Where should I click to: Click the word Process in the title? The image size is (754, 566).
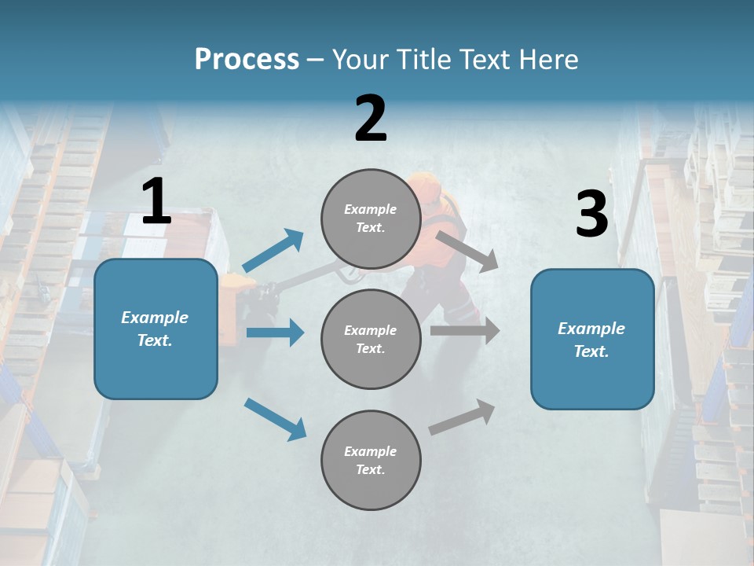(247, 60)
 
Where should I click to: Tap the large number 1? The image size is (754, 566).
(156, 202)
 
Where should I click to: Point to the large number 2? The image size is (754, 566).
(371, 119)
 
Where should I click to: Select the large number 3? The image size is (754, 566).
(591, 215)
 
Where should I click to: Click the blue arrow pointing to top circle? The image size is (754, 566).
(273, 251)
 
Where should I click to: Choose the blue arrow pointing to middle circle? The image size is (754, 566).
(275, 333)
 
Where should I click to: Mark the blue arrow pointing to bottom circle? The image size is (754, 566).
(275, 418)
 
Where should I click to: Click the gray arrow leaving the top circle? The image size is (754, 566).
(467, 251)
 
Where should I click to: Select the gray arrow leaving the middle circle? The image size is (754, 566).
(465, 331)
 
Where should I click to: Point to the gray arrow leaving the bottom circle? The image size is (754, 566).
(463, 417)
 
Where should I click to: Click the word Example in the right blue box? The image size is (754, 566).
(591, 329)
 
